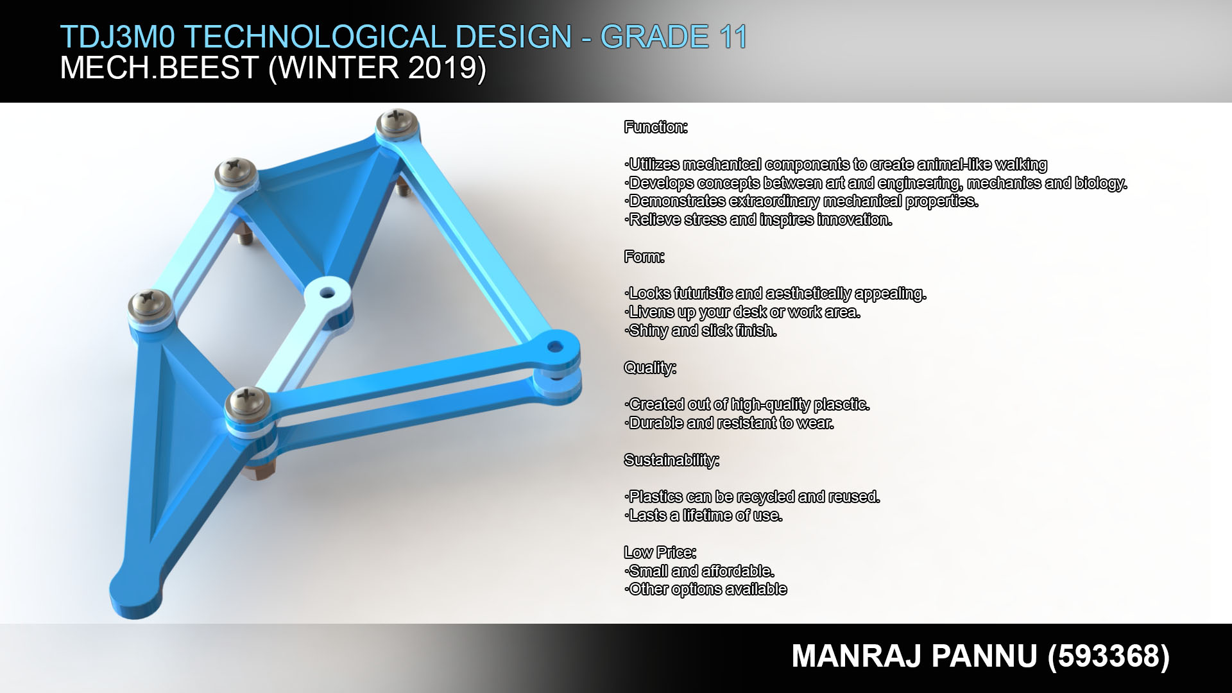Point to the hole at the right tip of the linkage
point(555,348)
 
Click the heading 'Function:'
point(656,127)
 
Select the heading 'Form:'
point(644,257)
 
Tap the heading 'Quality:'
point(650,368)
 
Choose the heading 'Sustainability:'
point(672,460)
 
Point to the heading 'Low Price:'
point(660,552)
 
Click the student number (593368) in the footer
point(1109,656)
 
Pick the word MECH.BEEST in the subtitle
point(159,67)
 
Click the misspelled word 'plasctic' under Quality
point(842,405)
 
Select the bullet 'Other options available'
point(706,589)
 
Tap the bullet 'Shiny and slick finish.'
point(701,330)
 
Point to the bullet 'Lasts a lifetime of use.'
point(703,515)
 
